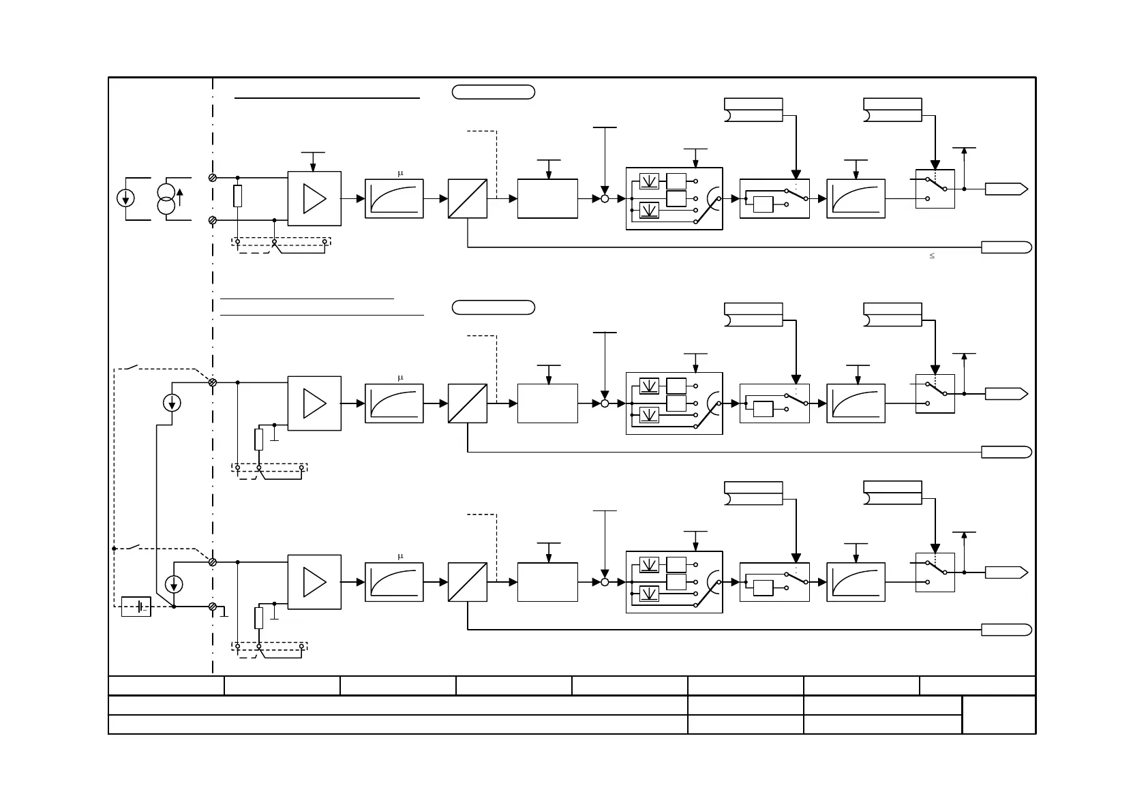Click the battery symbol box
136,607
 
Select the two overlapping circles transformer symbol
166,198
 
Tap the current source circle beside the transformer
125,198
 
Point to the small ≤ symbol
932,256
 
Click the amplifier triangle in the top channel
314,198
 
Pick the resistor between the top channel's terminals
237,196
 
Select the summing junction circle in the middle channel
605,403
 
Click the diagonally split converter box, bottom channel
468,582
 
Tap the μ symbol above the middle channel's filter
400,378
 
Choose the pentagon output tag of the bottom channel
1006,572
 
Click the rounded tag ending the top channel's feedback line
1006,247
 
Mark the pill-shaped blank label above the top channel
494,92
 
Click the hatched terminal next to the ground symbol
213,606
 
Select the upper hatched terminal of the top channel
213,177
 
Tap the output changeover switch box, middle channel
935,394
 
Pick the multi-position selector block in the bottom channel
674,582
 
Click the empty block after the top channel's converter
547,199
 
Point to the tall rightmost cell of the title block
999,715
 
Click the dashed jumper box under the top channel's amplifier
282,242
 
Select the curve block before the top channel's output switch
856,199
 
